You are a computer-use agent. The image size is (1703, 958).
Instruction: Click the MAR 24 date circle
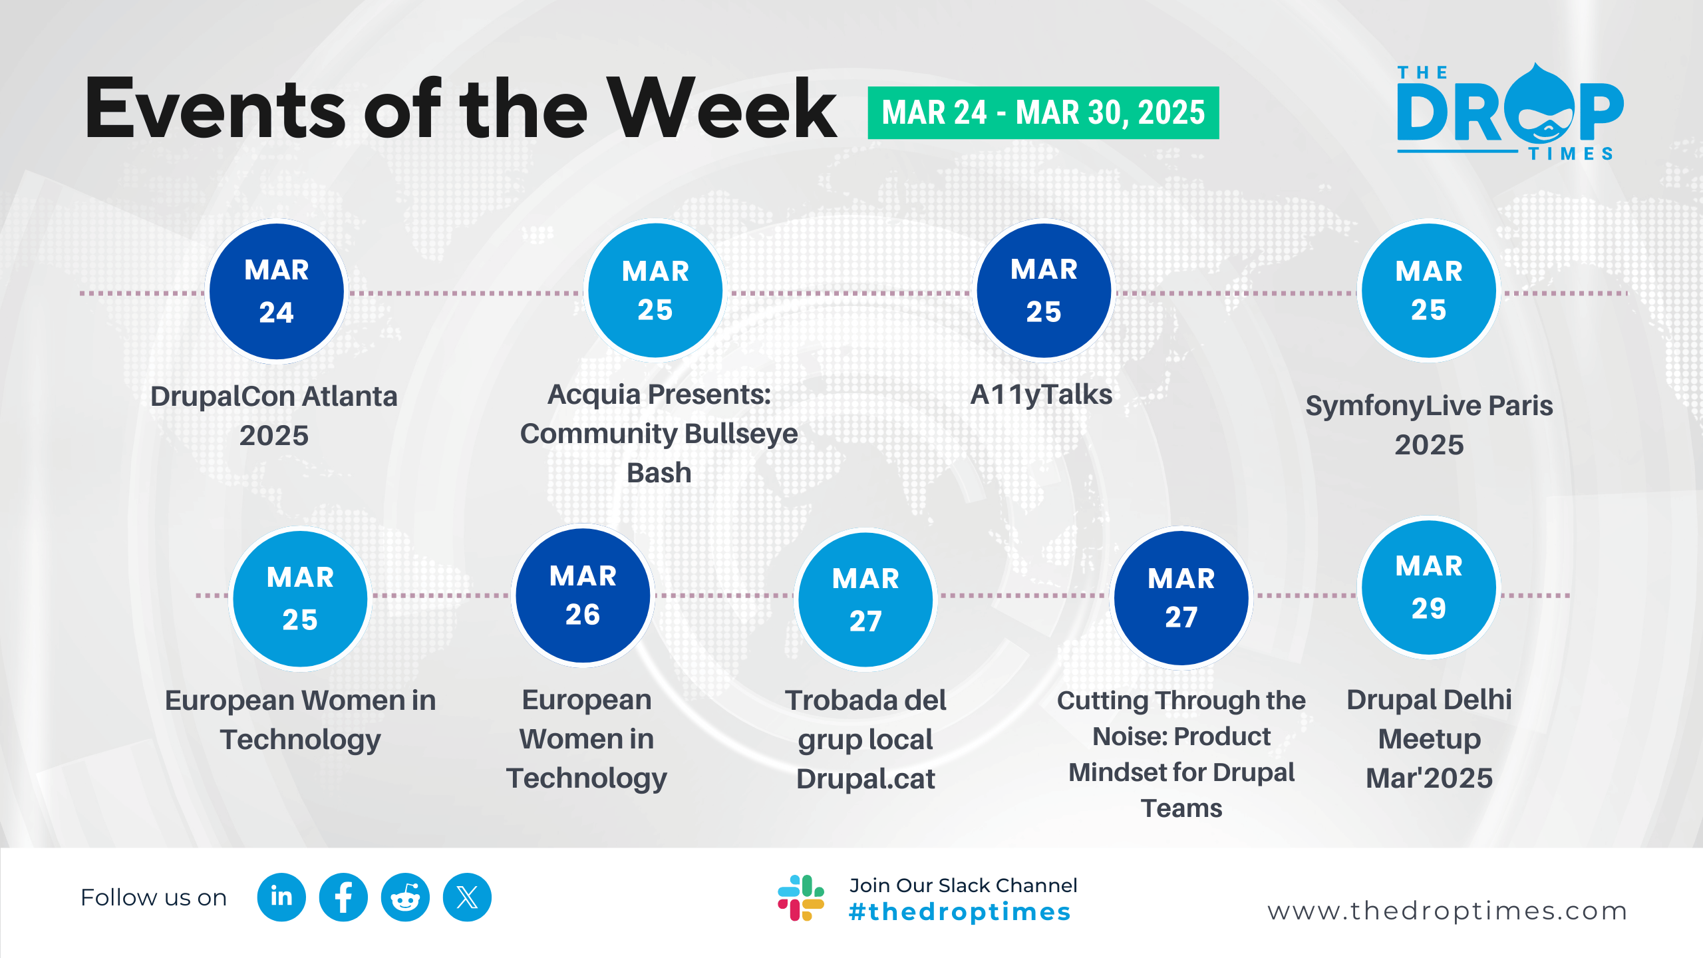[277, 291]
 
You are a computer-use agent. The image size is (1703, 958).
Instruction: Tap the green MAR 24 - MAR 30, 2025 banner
[1043, 112]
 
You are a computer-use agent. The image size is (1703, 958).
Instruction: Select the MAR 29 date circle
[1429, 587]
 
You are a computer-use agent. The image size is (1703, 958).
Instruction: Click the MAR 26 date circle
[583, 595]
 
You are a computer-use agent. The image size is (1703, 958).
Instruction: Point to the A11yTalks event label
[1041, 395]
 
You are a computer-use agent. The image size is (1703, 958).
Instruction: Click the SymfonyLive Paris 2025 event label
[1429, 425]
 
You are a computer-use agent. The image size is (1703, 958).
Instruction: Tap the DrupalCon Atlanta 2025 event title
[274, 416]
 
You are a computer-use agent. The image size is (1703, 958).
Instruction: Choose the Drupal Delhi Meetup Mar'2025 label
[1429, 738]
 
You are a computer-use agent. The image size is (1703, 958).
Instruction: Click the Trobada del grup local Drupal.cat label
[865, 739]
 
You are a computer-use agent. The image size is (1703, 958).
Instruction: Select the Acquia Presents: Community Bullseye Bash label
[659, 433]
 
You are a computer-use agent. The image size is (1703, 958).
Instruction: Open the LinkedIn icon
[281, 897]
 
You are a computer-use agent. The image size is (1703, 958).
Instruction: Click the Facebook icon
[343, 897]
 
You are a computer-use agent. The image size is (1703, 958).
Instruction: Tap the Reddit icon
[405, 897]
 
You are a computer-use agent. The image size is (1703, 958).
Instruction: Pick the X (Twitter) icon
[467, 897]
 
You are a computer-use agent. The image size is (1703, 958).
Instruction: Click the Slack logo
[801, 898]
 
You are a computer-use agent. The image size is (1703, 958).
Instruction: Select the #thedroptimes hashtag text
[960, 912]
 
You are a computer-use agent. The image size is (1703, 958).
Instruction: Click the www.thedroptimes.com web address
[1448, 911]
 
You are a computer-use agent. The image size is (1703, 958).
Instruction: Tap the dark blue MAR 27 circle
[1181, 597]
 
